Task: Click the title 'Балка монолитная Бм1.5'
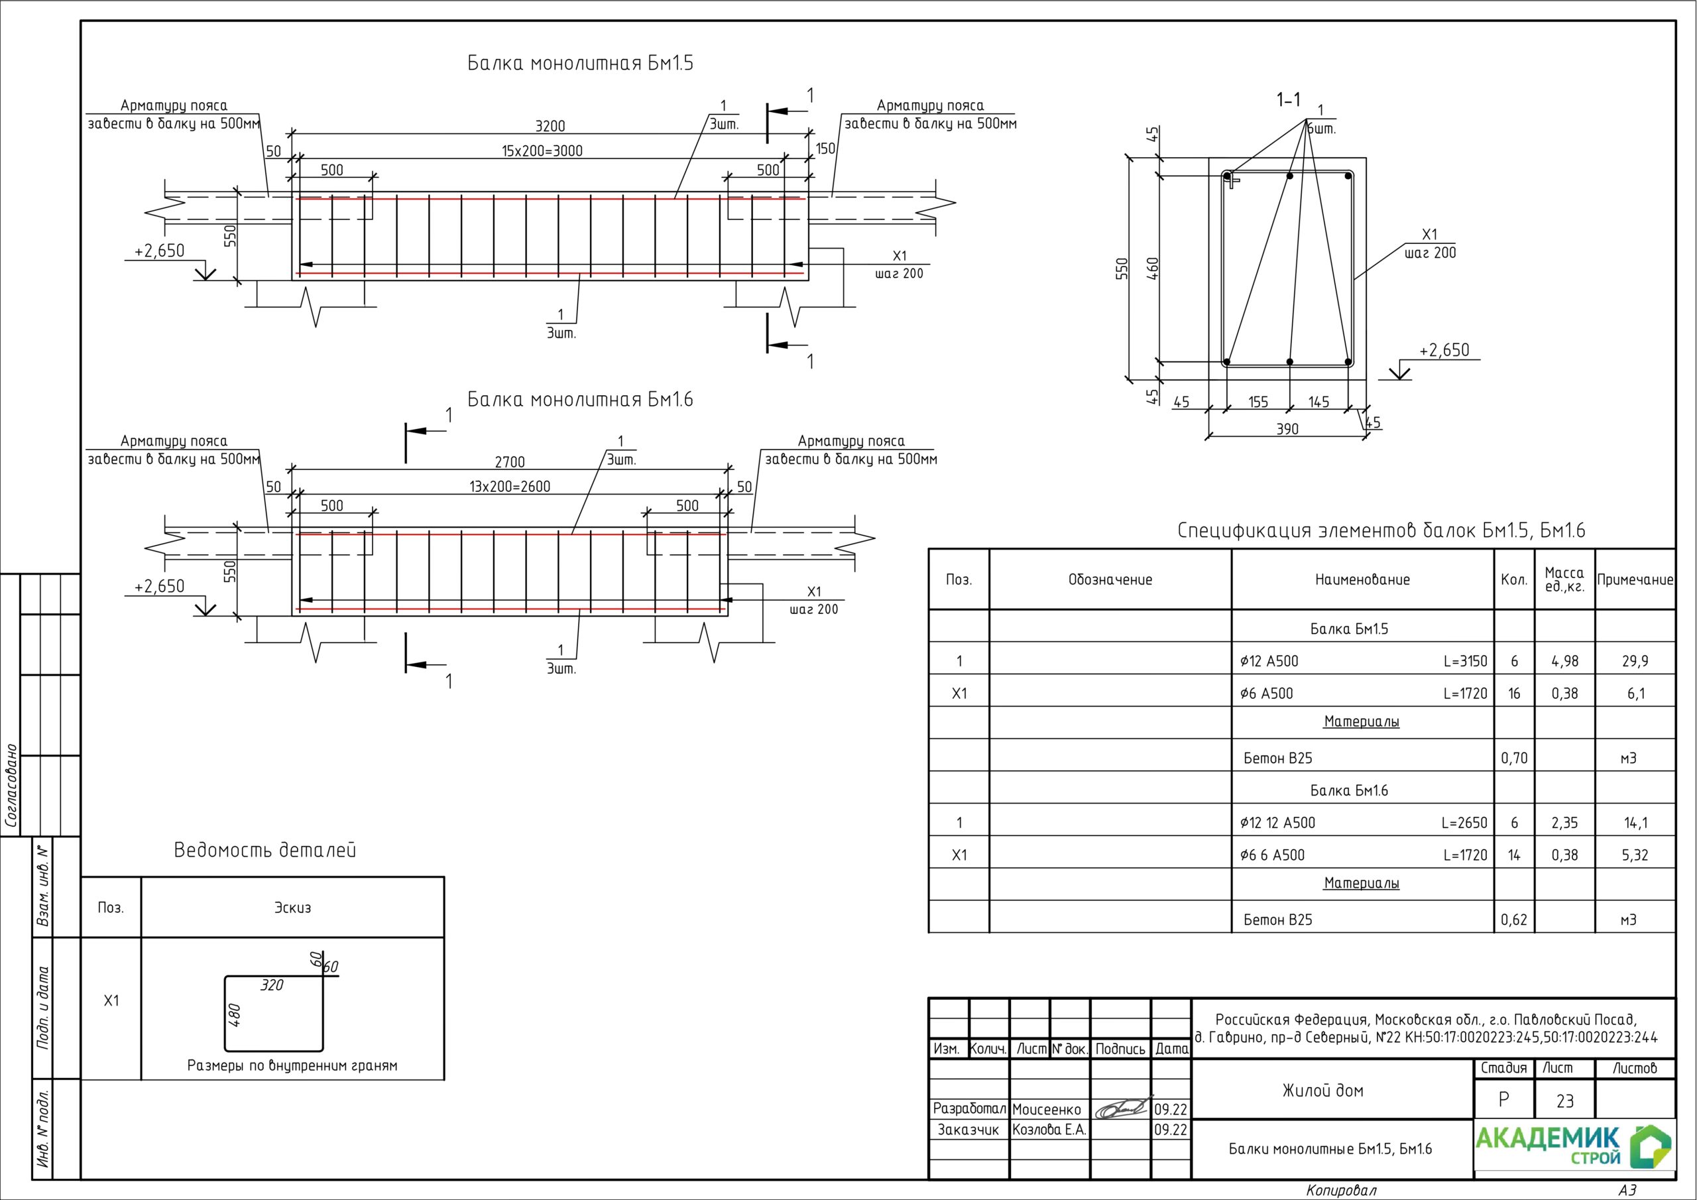(x=580, y=64)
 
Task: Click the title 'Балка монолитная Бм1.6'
(x=580, y=400)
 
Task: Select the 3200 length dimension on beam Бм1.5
(x=550, y=127)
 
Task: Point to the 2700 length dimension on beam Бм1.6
(x=510, y=462)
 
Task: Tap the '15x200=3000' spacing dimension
(x=542, y=151)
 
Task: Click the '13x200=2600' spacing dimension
(x=510, y=487)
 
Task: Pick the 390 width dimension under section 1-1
(x=1287, y=429)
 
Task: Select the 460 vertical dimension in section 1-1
(x=1152, y=269)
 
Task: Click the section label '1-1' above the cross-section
(x=1289, y=99)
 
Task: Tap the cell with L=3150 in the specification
(x=1465, y=661)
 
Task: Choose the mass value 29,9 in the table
(x=1635, y=661)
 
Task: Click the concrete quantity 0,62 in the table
(x=1513, y=920)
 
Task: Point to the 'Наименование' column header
(x=1362, y=579)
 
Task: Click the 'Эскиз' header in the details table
(x=293, y=908)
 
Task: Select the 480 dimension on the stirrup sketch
(x=233, y=1014)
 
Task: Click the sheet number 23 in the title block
(x=1564, y=1102)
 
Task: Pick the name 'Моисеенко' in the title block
(x=1047, y=1110)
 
